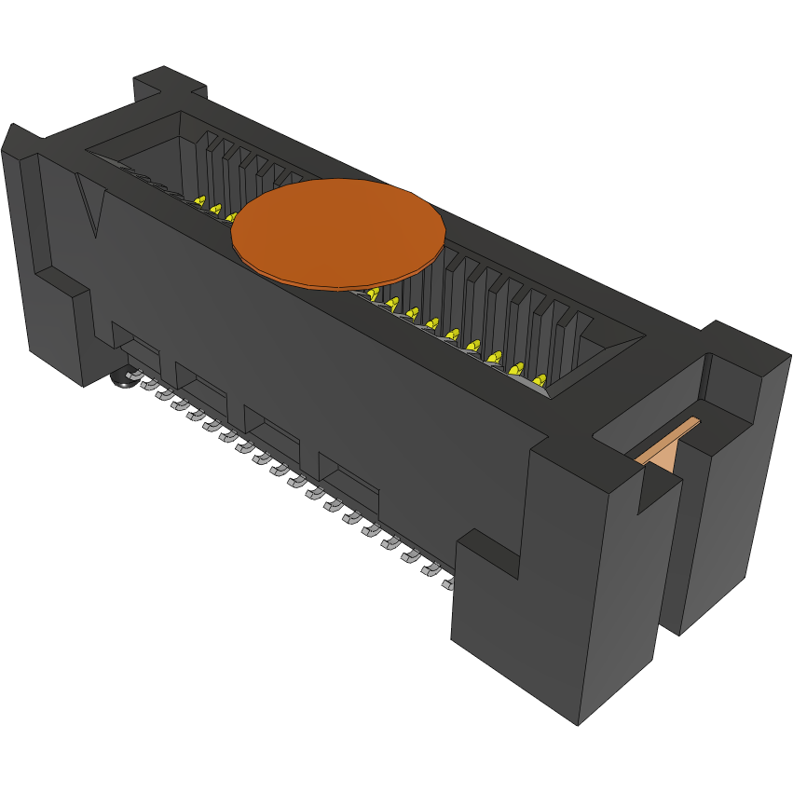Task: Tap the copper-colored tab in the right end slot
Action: [667, 443]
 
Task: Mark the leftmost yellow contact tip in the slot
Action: [198, 200]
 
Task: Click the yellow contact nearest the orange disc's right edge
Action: [374, 294]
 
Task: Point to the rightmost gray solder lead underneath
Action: [448, 583]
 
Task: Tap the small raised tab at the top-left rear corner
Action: [168, 84]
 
